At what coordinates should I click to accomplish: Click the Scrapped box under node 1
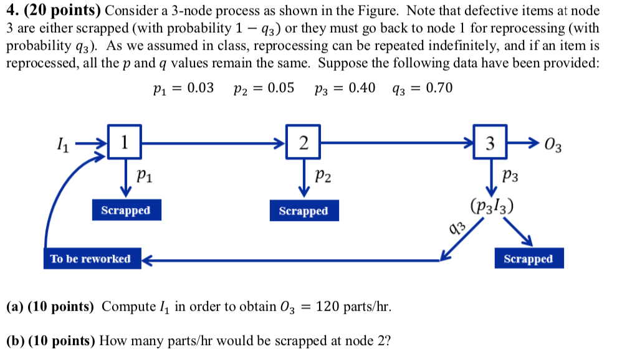tap(125, 210)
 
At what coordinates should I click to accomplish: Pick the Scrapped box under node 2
tap(303, 211)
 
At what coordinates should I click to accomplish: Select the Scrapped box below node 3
tap(528, 258)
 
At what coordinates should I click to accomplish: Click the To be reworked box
tap(91, 258)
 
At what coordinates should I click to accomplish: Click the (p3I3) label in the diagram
tap(492, 206)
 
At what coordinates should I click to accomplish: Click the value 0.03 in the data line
tap(201, 88)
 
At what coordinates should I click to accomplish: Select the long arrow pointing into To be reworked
tap(293, 258)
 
